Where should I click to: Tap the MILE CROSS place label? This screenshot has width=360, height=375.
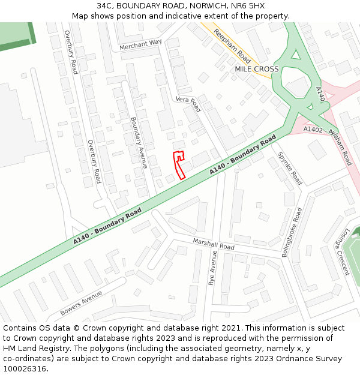click(x=257, y=69)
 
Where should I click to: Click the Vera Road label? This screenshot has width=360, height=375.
click(x=188, y=104)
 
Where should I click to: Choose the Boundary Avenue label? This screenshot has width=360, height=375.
click(x=139, y=137)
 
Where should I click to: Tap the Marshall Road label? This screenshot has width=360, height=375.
click(x=214, y=244)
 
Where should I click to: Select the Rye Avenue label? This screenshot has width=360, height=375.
click(x=212, y=268)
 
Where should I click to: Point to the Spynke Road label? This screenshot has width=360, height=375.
click(x=289, y=169)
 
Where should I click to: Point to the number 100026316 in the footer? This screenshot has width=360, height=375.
click(x=25, y=369)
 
